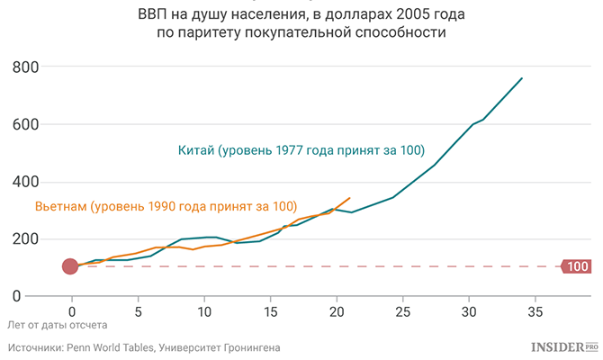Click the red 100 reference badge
[x=576, y=266]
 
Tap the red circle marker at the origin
[x=71, y=266]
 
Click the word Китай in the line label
[x=198, y=149]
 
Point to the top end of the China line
[x=522, y=78]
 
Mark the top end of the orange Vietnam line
[x=350, y=197]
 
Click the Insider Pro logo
[x=564, y=346]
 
